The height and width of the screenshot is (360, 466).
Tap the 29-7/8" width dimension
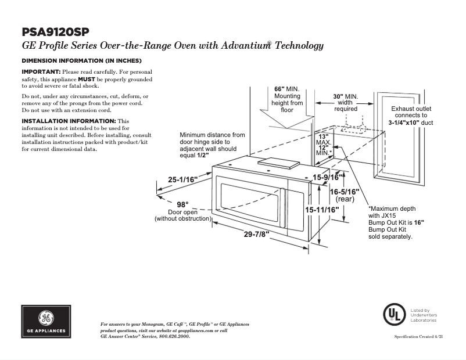coord(256,235)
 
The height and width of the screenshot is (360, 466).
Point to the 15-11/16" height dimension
coord(322,209)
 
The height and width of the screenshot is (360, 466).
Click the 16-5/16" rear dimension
coord(345,192)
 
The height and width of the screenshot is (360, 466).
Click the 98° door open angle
coord(183,204)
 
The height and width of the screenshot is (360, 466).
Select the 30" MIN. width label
coord(345,96)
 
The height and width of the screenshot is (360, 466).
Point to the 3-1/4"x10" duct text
coord(411,123)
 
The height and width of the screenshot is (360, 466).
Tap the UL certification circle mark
coord(393,314)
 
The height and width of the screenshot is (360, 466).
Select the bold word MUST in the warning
coord(87,78)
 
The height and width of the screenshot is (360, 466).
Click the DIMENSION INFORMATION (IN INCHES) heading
coord(82,60)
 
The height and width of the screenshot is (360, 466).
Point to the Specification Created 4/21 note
coord(418,337)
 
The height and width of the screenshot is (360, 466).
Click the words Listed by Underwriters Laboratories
coord(424,315)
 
